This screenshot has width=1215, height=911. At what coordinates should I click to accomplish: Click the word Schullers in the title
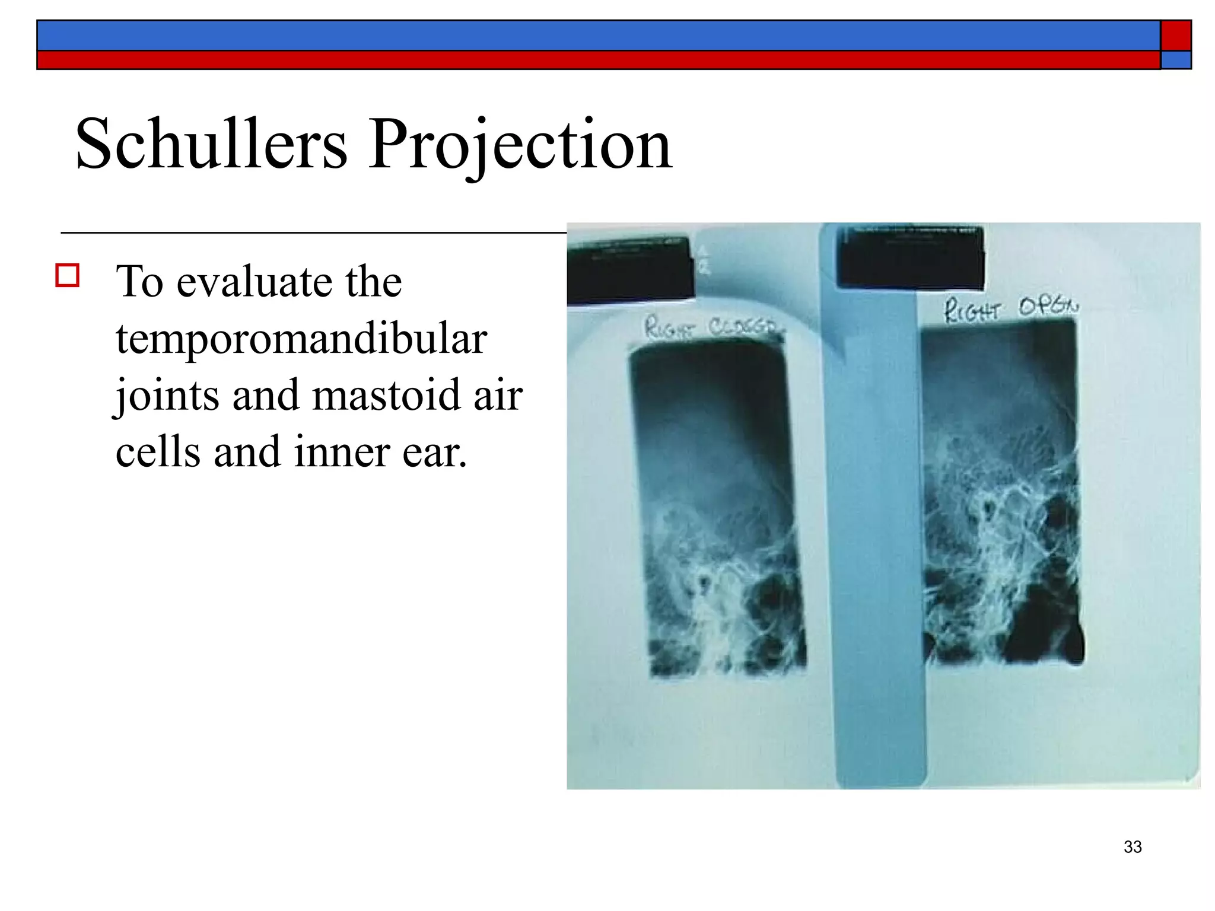click(x=211, y=144)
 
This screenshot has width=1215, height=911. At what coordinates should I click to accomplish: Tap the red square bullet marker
click(x=68, y=276)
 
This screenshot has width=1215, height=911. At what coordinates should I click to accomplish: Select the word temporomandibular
click(x=301, y=339)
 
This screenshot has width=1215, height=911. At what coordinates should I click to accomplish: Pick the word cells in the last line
click(x=157, y=452)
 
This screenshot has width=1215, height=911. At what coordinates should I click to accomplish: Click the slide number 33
click(x=1133, y=847)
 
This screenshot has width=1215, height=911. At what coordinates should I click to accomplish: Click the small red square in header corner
click(x=1176, y=36)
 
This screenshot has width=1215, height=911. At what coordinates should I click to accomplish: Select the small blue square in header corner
click(x=1176, y=60)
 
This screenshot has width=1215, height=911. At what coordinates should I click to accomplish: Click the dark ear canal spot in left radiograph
click(x=704, y=583)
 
